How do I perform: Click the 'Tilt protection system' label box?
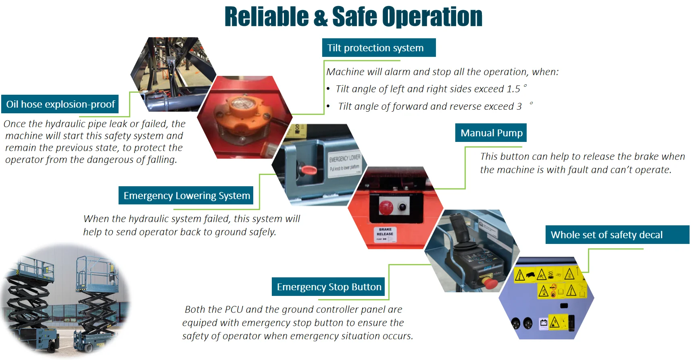[x=379, y=48]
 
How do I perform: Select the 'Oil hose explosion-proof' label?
[x=60, y=104]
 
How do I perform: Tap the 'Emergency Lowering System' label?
[x=186, y=196]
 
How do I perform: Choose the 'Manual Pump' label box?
[x=491, y=133]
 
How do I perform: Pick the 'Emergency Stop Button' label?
[x=328, y=287]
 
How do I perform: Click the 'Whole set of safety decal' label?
[x=617, y=235]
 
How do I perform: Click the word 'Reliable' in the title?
[x=267, y=17]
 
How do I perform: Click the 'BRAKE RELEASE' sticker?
[x=385, y=234]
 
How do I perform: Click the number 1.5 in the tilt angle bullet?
[x=513, y=89]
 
